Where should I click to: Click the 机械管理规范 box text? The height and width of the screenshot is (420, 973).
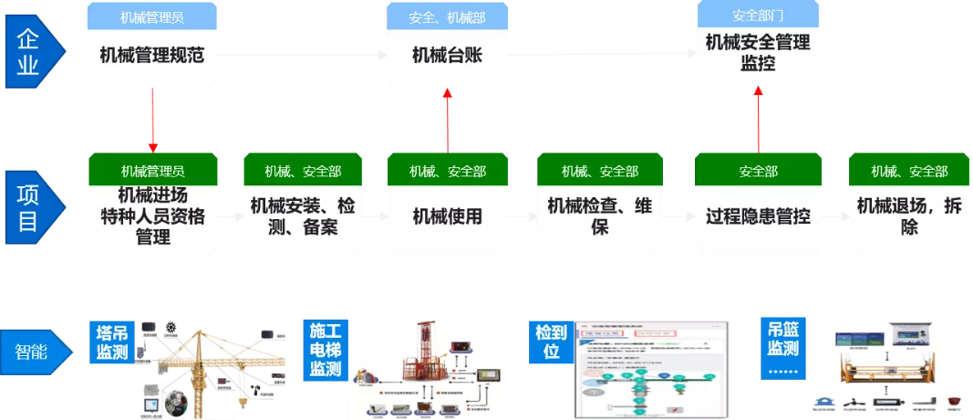point(152,55)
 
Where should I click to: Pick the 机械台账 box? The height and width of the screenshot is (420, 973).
point(447,56)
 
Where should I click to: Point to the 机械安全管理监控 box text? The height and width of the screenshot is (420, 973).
point(757,53)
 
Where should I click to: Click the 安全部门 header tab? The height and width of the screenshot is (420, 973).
point(757,15)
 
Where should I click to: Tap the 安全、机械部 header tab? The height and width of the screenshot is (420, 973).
point(447,15)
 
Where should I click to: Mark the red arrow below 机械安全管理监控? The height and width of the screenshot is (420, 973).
point(758,118)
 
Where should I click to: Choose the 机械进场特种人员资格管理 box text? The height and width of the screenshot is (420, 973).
point(152,216)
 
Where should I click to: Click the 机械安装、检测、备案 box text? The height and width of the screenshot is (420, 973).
point(303,216)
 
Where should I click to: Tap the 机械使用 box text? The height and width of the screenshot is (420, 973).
point(447,216)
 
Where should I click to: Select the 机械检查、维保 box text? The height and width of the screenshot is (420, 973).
point(599,216)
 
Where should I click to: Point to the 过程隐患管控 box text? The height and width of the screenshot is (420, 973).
point(758,216)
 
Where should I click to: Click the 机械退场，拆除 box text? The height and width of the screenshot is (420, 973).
point(909,216)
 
